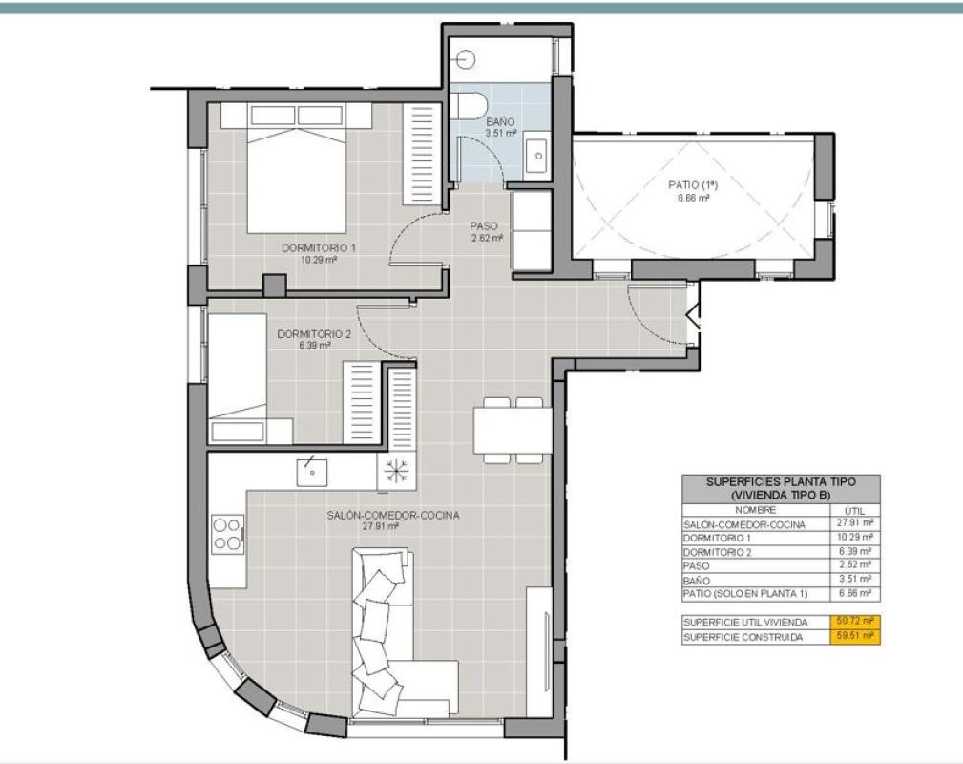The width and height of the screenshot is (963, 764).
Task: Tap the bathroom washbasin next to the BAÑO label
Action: pyautogui.click(x=537, y=156)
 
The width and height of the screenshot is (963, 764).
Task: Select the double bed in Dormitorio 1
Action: pyautogui.click(x=297, y=168)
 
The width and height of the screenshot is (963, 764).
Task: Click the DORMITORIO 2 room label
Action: pyautogui.click(x=314, y=334)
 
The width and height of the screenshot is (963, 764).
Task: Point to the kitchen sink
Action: pyautogui.click(x=311, y=472)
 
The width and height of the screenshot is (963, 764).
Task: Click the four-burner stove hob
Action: pyautogui.click(x=227, y=534)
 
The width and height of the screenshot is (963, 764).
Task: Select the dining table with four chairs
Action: pyautogui.click(x=513, y=430)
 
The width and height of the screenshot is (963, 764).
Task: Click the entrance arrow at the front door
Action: pyautogui.click(x=694, y=317)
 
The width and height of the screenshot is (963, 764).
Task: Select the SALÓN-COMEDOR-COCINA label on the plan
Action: pyautogui.click(x=392, y=515)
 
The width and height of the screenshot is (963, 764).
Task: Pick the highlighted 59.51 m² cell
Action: pyautogui.click(x=855, y=636)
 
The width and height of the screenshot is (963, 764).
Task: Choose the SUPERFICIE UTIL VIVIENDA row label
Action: pyautogui.click(x=745, y=622)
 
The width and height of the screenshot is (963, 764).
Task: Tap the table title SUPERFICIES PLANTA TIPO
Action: pyautogui.click(x=781, y=482)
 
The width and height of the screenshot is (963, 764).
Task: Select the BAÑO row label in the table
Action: pyautogui.click(x=697, y=581)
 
